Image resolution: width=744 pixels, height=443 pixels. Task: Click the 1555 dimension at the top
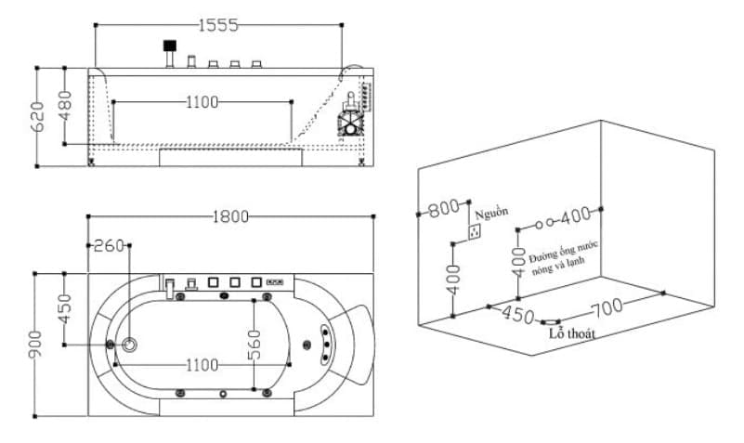point(218,26)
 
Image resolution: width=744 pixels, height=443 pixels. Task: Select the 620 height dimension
point(37,116)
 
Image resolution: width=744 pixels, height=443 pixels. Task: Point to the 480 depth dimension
point(65,105)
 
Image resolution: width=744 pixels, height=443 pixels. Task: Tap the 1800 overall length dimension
point(230,216)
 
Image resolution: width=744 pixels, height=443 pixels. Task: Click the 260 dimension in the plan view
point(110,246)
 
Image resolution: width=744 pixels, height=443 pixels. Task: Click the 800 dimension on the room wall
point(444,208)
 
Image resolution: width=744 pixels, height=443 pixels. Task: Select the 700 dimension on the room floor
point(606,306)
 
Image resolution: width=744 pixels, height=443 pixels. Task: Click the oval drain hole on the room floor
point(550,320)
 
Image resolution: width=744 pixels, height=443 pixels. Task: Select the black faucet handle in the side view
point(169,45)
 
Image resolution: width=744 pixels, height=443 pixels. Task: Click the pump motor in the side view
point(354,120)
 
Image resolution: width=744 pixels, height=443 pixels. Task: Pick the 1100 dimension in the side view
point(202,102)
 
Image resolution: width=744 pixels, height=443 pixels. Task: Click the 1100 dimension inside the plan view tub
point(202,365)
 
